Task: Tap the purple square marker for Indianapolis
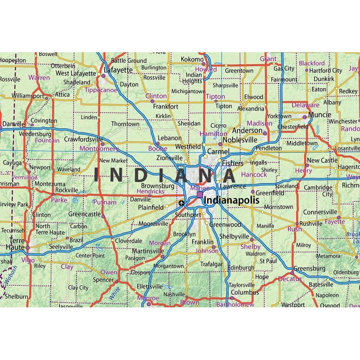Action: point(199,195)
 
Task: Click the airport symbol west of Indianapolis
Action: point(181,203)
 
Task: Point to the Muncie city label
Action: point(319,115)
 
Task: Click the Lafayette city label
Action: point(118,70)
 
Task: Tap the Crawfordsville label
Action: point(84,139)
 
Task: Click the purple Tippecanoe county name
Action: point(101,90)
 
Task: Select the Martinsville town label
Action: point(148,251)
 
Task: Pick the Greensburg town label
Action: point(309,269)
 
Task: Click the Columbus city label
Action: point(244,292)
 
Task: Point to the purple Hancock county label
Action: point(254,174)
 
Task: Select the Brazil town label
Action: point(76,240)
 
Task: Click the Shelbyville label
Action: point(234,237)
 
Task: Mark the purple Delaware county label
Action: point(306,105)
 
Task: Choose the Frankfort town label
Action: point(166,107)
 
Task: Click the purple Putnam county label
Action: point(104,202)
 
